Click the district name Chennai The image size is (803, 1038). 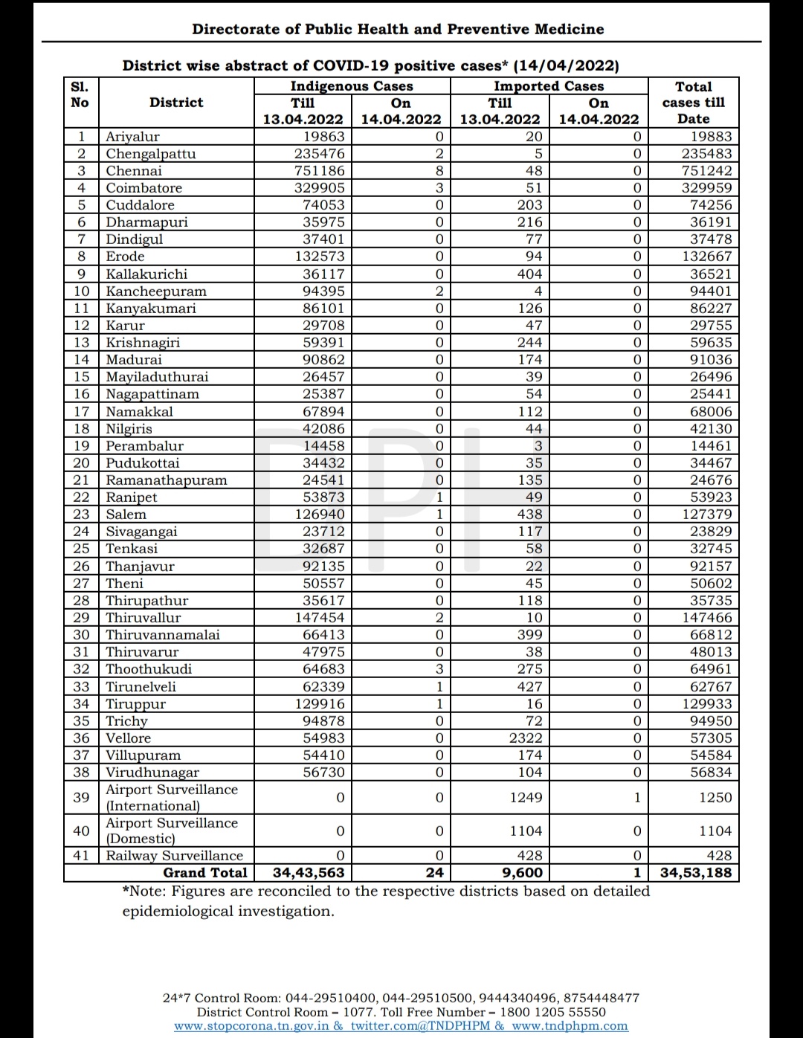[x=134, y=171]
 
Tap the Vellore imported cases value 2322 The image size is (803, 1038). [x=525, y=738]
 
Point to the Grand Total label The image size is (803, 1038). [x=205, y=873]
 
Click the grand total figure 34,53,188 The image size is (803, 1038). [x=695, y=873]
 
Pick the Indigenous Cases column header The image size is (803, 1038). [x=352, y=86]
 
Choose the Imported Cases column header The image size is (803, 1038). [x=549, y=86]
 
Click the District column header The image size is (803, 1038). [x=176, y=103]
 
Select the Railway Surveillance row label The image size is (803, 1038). [x=175, y=856]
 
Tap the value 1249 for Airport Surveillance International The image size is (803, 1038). [x=526, y=798]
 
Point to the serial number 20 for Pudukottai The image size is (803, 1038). [x=81, y=463]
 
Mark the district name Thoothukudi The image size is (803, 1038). [x=149, y=669]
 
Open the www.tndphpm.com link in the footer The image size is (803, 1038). [x=570, y=1026]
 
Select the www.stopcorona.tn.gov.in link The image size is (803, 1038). [x=252, y=1026]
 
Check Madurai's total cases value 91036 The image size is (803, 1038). [x=711, y=360]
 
